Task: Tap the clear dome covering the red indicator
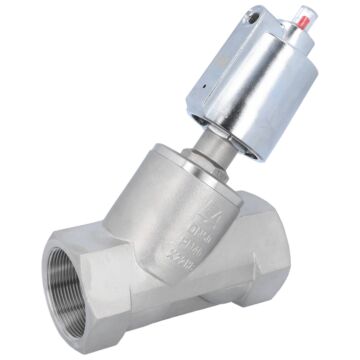(303, 22)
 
